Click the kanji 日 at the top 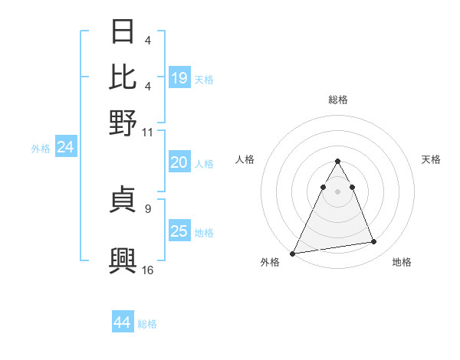tap(124, 32)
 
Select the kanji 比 tap(124, 77)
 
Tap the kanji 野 tap(124, 123)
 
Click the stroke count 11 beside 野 tap(148, 132)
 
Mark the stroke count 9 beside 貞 tap(148, 207)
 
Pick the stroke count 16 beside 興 tap(148, 270)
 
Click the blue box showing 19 tap(179, 78)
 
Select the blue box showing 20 tap(179, 162)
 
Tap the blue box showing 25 tap(179, 231)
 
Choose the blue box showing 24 tap(65, 148)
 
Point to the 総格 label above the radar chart tap(337, 100)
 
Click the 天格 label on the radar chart tap(432, 159)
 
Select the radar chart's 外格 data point tap(293, 253)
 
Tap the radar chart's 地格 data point tap(374, 242)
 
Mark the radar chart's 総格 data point tap(337, 162)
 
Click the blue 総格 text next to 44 tap(147, 324)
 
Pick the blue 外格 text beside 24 tap(41, 149)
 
